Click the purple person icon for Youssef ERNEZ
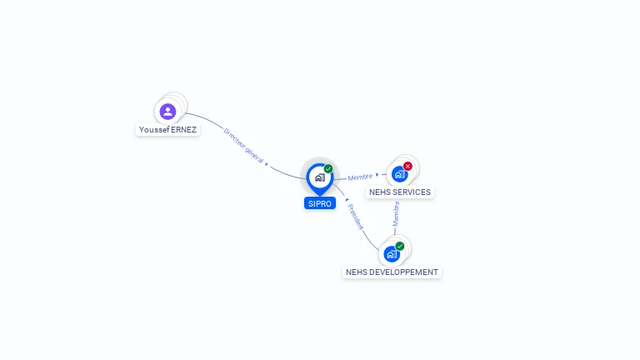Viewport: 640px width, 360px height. [x=167, y=111]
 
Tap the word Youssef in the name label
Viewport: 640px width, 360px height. [x=154, y=130]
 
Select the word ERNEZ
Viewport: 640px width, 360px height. [x=183, y=130]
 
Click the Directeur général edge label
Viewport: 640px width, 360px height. [x=243, y=145]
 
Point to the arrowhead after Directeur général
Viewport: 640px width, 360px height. [x=267, y=163]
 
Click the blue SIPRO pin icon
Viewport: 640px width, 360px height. [x=319, y=177]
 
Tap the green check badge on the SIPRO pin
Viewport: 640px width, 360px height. [x=328, y=169]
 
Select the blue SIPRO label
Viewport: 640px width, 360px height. [x=320, y=203]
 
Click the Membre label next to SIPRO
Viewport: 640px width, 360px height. [x=360, y=177]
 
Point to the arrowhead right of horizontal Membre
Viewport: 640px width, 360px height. [x=377, y=175]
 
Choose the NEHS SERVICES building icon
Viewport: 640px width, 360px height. [x=399, y=174]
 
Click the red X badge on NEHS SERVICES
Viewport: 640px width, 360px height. [x=407, y=166]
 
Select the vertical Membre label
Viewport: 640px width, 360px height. [x=397, y=213]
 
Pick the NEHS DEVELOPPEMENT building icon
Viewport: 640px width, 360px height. [x=391, y=254]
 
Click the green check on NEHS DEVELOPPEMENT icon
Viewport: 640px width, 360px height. [x=400, y=246]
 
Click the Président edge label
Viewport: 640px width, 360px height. [x=356, y=217]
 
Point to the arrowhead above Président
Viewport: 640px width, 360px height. [x=346, y=199]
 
